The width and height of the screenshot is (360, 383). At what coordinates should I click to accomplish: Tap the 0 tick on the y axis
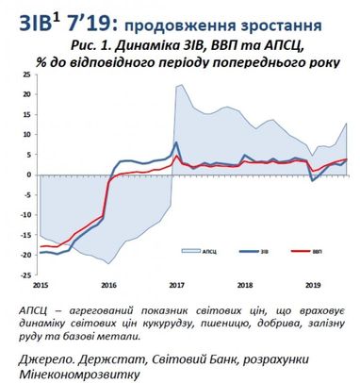[31, 175]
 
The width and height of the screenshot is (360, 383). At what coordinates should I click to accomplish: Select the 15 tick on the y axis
[29, 116]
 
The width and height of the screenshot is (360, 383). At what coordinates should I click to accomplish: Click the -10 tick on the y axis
[27, 214]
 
